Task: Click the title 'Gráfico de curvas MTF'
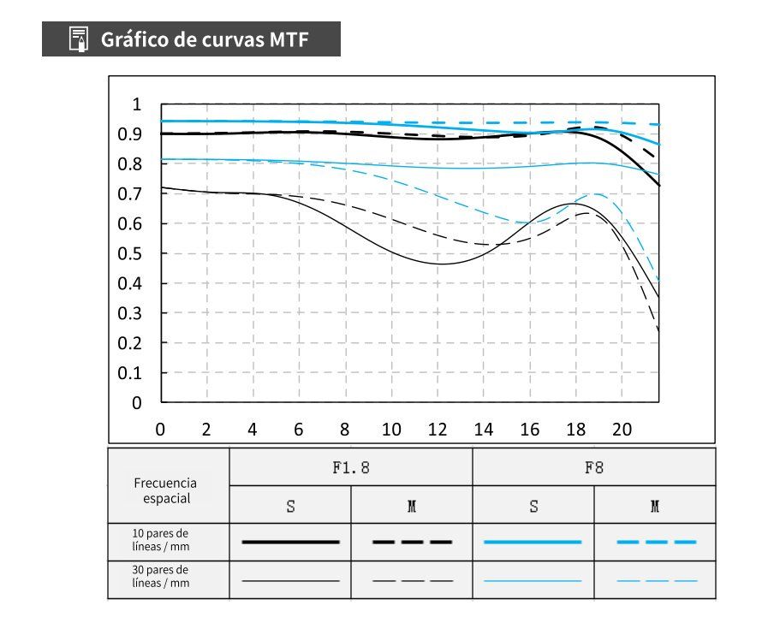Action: pos(204,39)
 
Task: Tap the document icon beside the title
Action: pos(79,39)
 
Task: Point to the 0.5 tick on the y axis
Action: pos(130,253)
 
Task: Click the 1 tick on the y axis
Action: pos(136,104)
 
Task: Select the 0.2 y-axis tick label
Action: pos(130,343)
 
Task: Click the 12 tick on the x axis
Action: pos(438,430)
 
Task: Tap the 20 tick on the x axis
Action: pos(622,430)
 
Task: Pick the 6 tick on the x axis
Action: pos(299,430)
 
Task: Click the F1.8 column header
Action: pos(351,468)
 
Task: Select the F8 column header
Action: pos(593,468)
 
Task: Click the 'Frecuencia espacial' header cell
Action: pos(165,490)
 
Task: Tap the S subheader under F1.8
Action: pos(290,506)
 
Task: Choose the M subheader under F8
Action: pos(655,506)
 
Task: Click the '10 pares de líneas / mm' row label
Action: pos(161,540)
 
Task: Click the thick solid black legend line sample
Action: pos(290,542)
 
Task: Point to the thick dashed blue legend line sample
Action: pos(656,542)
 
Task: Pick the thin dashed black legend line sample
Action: pos(412,580)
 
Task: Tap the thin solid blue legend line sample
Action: pos(533,580)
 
